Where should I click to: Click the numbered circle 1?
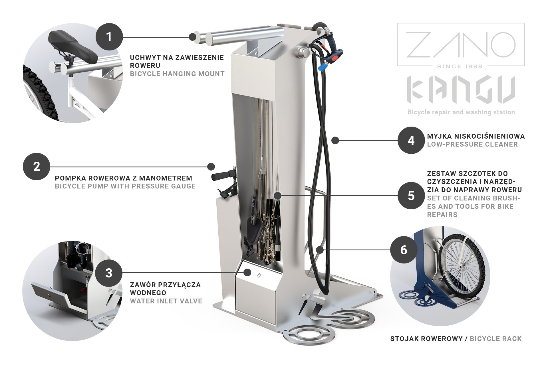coord(109,36)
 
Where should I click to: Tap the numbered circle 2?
coord(37,167)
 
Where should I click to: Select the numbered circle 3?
coord(109,273)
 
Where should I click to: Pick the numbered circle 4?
coord(411,140)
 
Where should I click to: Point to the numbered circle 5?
coord(411,196)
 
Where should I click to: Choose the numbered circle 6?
coord(404,250)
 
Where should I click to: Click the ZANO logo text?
coord(461,44)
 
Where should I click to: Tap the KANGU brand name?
coord(461,90)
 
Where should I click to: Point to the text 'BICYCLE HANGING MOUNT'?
coord(177,74)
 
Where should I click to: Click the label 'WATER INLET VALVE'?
coord(166,301)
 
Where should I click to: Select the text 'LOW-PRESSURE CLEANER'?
coord(472,144)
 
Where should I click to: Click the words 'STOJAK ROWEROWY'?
coord(426,339)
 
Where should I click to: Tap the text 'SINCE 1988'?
coord(461,66)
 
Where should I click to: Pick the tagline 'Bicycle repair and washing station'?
coord(461,112)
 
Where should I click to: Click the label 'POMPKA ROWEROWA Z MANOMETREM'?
coord(124,178)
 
